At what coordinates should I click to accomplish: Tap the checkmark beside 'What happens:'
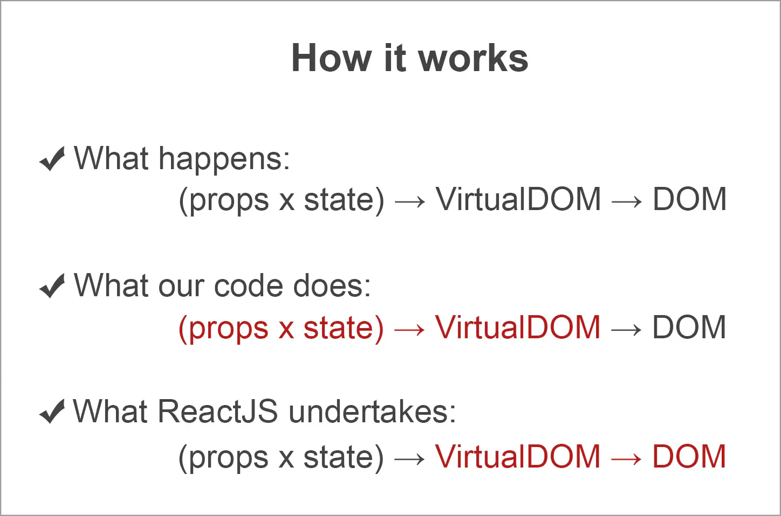pyautogui.click(x=52, y=159)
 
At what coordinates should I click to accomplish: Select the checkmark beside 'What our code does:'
pyautogui.click(x=52, y=285)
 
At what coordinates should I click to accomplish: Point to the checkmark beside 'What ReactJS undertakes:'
pyautogui.click(x=52, y=412)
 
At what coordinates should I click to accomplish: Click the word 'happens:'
pyautogui.click(x=224, y=160)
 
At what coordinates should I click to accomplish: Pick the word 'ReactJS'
pyautogui.click(x=218, y=412)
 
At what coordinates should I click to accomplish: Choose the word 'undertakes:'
pyautogui.click(x=372, y=412)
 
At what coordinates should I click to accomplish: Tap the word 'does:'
pyautogui.click(x=332, y=285)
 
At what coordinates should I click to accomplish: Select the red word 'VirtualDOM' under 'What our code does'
pyautogui.click(x=518, y=328)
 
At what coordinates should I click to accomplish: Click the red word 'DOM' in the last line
pyautogui.click(x=689, y=457)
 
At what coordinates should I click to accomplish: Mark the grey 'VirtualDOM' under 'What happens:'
pyautogui.click(x=518, y=200)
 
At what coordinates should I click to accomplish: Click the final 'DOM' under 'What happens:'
pyautogui.click(x=689, y=200)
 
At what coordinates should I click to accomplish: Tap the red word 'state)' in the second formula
pyautogui.click(x=344, y=329)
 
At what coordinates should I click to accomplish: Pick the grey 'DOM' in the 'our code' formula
pyautogui.click(x=689, y=328)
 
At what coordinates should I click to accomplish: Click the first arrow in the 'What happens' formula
pyautogui.click(x=410, y=201)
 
